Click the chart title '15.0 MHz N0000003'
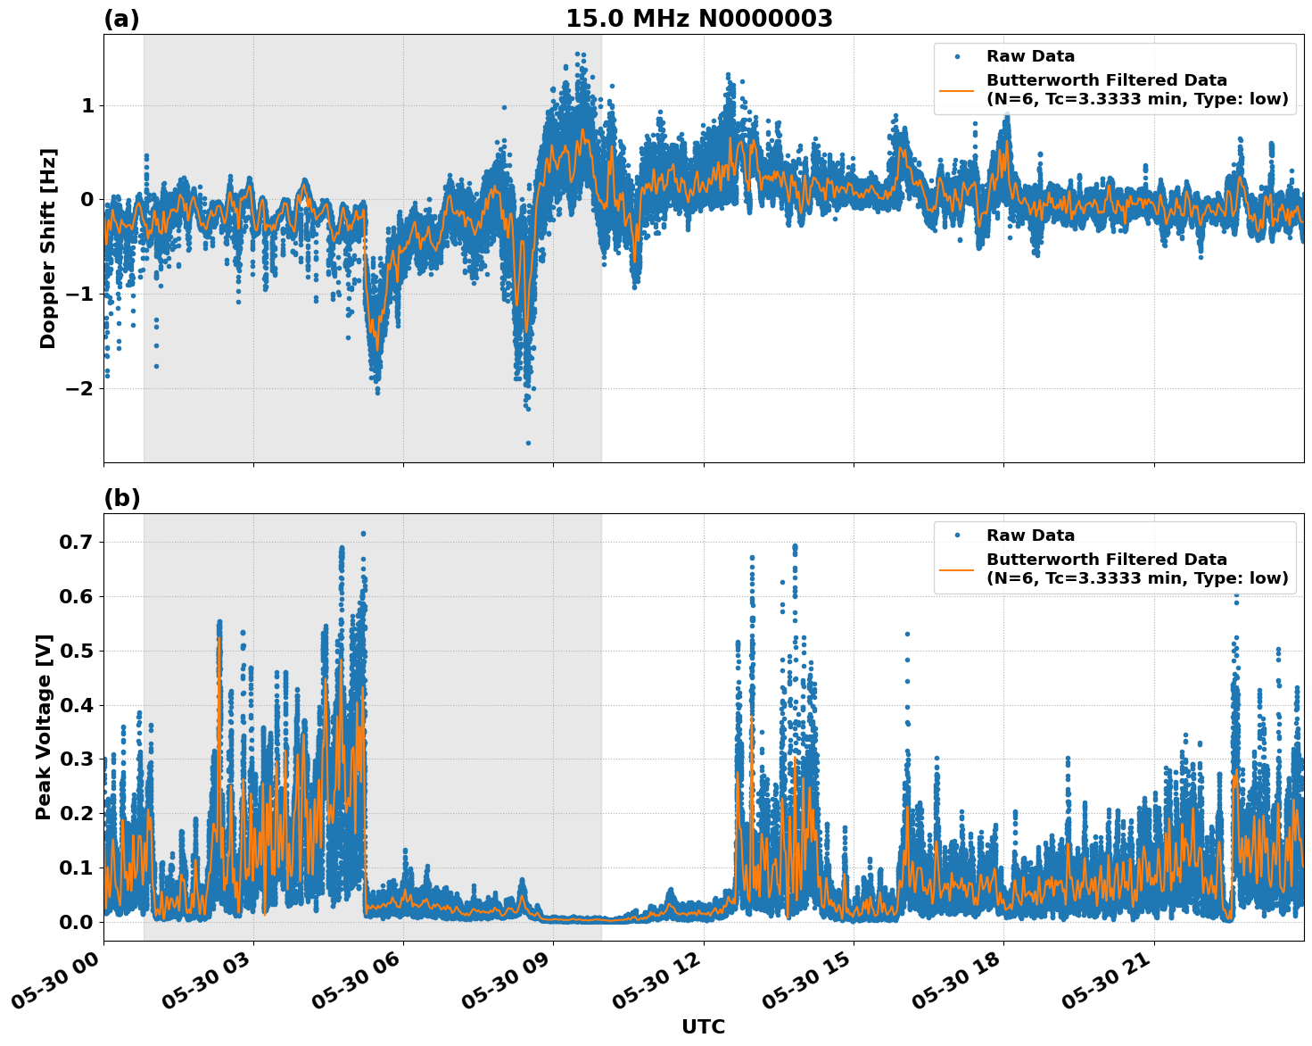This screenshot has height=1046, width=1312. [x=698, y=19]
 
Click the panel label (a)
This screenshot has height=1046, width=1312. [x=121, y=19]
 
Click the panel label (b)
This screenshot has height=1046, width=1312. [x=121, y=498]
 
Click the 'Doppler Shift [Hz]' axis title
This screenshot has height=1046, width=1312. [x=48, y=248]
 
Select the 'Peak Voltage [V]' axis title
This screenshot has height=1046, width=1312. [x=44, y=726]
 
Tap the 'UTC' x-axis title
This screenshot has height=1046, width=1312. [x=703, y=1026]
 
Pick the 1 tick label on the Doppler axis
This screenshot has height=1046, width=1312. [x=87, y=105]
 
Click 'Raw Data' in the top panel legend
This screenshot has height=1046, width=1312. [x=1030, y=56]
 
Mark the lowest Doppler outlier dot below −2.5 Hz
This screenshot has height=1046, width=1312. [x=528, y=443]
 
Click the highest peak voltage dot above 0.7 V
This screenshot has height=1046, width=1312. [x=363, y=534]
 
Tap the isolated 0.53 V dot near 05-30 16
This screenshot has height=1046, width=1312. [x=907, y=634]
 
